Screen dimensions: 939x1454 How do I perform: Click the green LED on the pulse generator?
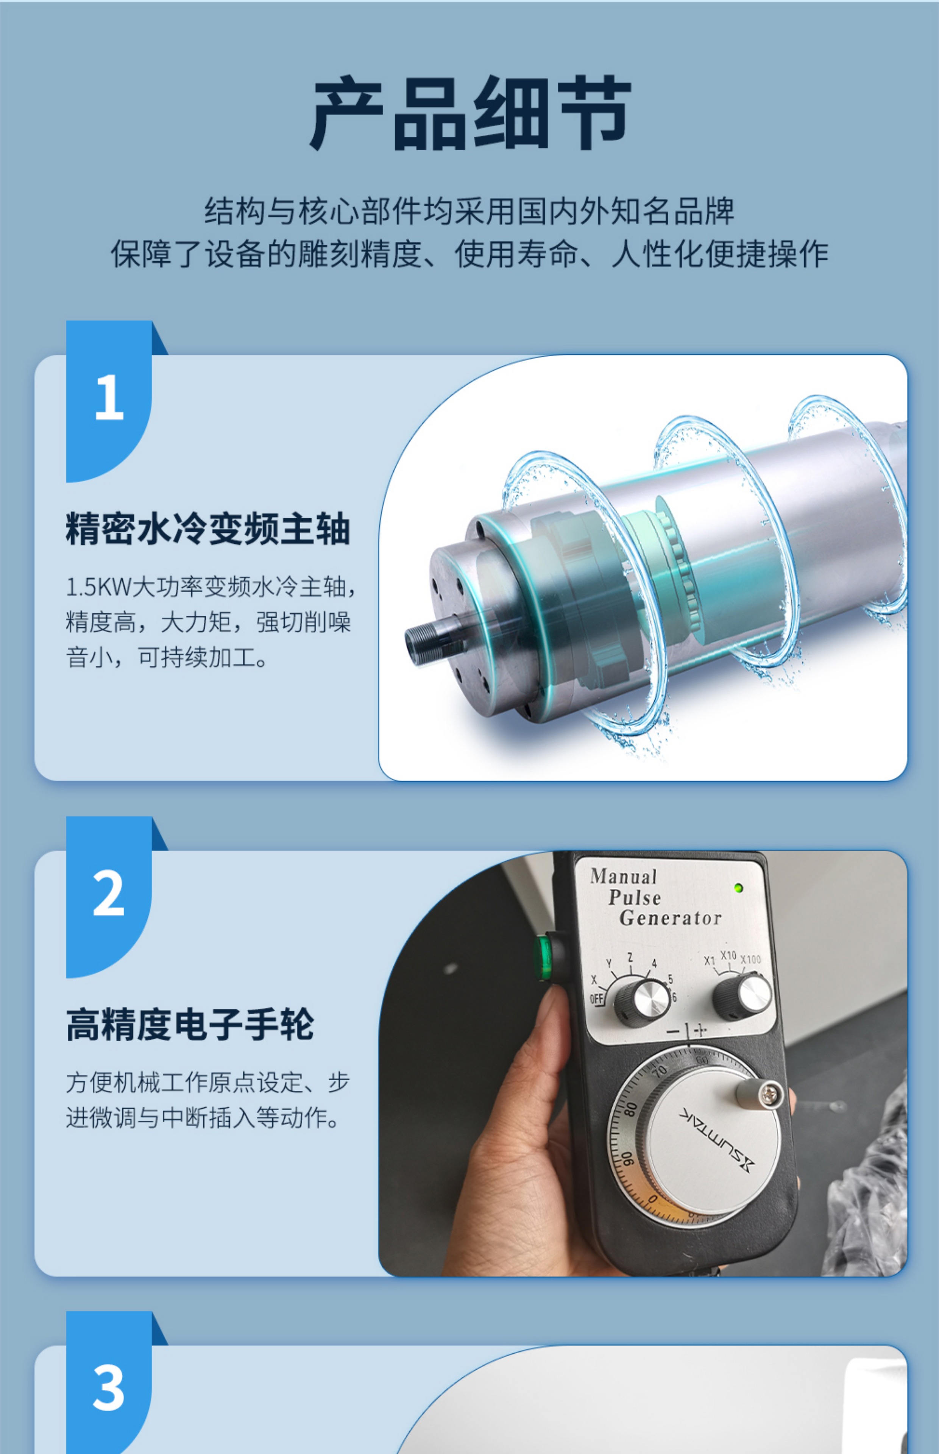click(738, 888)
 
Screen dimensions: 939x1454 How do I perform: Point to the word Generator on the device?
click(670, 918)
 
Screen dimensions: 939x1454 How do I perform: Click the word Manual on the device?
click(623, 877)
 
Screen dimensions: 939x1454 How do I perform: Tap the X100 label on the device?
click(750, 959)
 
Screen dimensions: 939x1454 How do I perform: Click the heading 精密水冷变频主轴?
click(208, 529)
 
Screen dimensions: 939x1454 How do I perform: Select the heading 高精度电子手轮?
click(190, 1024)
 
